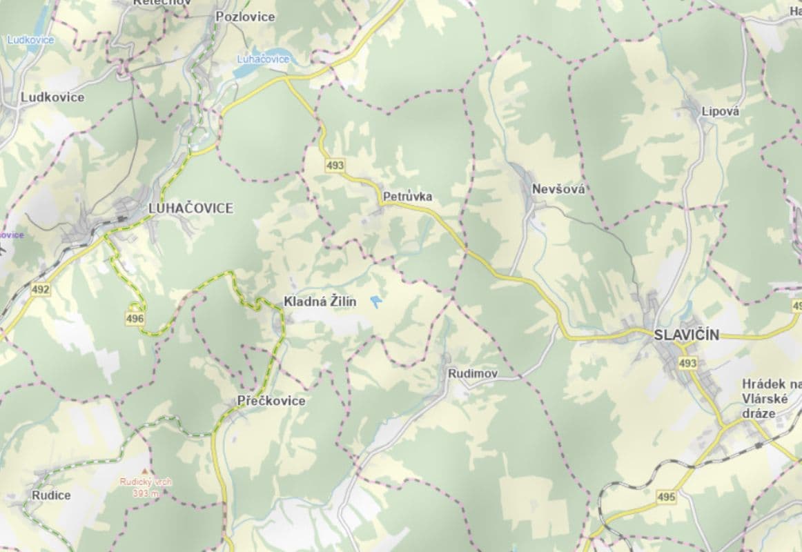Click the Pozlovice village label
245,17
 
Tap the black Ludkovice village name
52,97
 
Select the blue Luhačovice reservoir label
263,59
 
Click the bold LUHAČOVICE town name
191,208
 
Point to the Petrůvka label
407,197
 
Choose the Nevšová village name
558,189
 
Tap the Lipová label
720,111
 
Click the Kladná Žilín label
320,302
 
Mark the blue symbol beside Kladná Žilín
376,302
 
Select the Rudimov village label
473,373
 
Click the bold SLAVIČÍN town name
686,335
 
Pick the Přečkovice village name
271,401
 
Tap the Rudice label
51,495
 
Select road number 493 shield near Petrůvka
335,166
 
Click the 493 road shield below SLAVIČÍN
687,363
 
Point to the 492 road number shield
40,290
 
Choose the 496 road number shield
135,318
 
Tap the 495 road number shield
666,497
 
